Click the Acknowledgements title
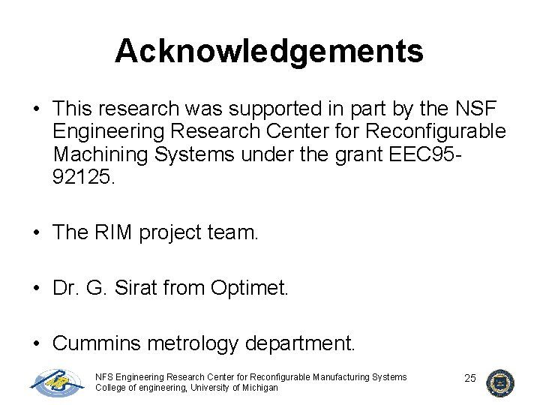point(269,51)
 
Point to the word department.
point(304,343)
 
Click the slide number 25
point(470,378)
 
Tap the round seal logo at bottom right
point(499,382)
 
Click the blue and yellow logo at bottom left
point(58,382)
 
